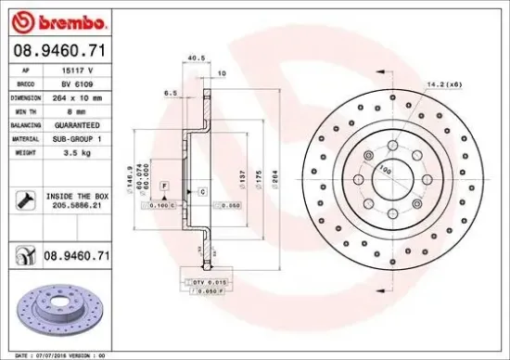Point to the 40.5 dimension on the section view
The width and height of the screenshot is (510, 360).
[x=196, y=58]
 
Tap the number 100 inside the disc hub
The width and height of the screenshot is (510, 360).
[x=383, y=169]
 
